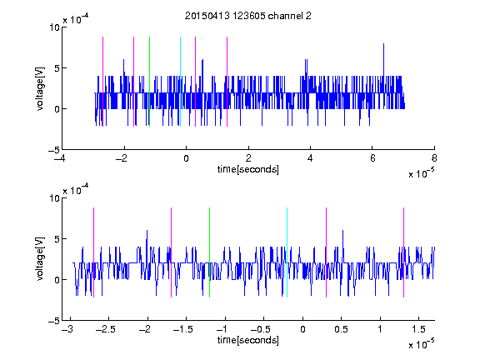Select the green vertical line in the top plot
pyautogui.click(x=149, y=82)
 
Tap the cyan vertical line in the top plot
pyautogui.click(x=180, y=82)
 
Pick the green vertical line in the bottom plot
pyautogui.click(x=209, y=252)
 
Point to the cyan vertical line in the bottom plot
pyautogui.click(x=287, y=252)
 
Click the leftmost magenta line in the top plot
pyautogui.click(x=102, y=82)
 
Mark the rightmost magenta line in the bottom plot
pyautogui.click(x=403, y=252)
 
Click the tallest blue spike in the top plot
pyautogui.click(x=383, y=60)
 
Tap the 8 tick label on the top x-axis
pyautogui.click(x=434, y=158)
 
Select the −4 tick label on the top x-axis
pyautogui.click(x=60, y=158)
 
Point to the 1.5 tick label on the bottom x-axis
pyautogui.click(x=419, y=329)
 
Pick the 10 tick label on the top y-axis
pyautogui.click(x=54, y=27)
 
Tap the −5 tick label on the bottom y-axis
pyautogui.click(x=54, y=321)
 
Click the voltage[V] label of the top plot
pyautogui.click(x=40, y=88)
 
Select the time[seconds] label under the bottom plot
pyautogui.click(x=248, y=340)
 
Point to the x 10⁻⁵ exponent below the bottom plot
pyautogui.click(x=421, y=344)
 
